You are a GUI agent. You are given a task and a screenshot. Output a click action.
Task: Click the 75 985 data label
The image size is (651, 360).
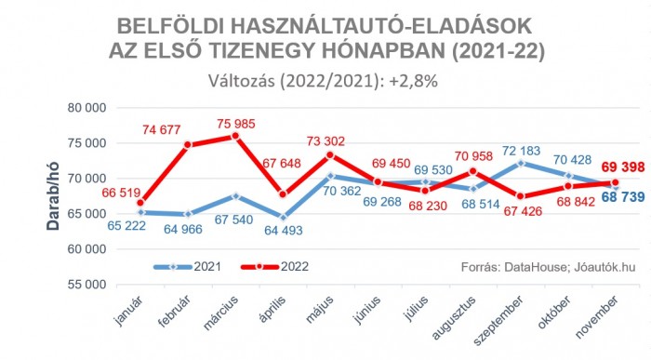point(234,122)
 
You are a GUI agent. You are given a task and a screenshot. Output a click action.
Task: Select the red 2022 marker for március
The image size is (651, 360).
point(235,136)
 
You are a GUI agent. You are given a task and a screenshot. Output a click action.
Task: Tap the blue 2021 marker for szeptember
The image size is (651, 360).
point(523,164)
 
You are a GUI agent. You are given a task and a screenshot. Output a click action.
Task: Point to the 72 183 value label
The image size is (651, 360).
point(523,150)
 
